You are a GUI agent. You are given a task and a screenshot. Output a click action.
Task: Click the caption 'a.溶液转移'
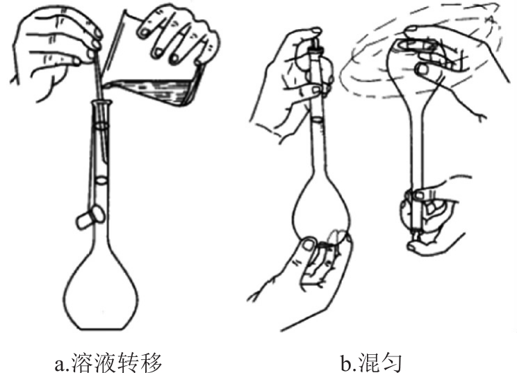point(108,363)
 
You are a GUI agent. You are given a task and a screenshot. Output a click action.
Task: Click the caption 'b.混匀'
point(371,363)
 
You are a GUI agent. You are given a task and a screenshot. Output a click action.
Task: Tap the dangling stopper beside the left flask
point(90,217)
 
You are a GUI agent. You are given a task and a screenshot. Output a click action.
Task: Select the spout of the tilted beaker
point(106,85)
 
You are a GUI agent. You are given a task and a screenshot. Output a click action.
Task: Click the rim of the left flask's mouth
point(101,103)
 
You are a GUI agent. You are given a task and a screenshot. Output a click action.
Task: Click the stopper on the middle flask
point(315,45)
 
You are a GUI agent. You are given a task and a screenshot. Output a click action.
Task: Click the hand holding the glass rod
point(56,53)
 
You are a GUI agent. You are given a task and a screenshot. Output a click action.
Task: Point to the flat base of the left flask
point(101,329)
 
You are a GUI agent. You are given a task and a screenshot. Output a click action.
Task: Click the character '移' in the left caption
point(151,363)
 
